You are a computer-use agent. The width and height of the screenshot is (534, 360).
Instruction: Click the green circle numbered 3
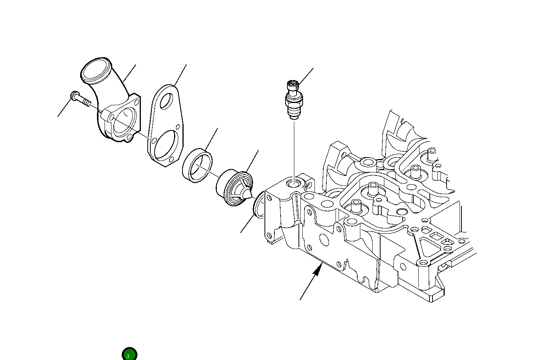[129, 354]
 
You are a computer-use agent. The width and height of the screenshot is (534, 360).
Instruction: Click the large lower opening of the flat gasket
[166, 145]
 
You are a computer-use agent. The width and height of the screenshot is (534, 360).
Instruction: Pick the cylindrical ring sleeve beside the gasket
[197, 166]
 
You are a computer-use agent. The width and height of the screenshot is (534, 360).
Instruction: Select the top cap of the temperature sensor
[293, 85]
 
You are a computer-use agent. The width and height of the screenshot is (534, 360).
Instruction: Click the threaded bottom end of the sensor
[294, 114]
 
